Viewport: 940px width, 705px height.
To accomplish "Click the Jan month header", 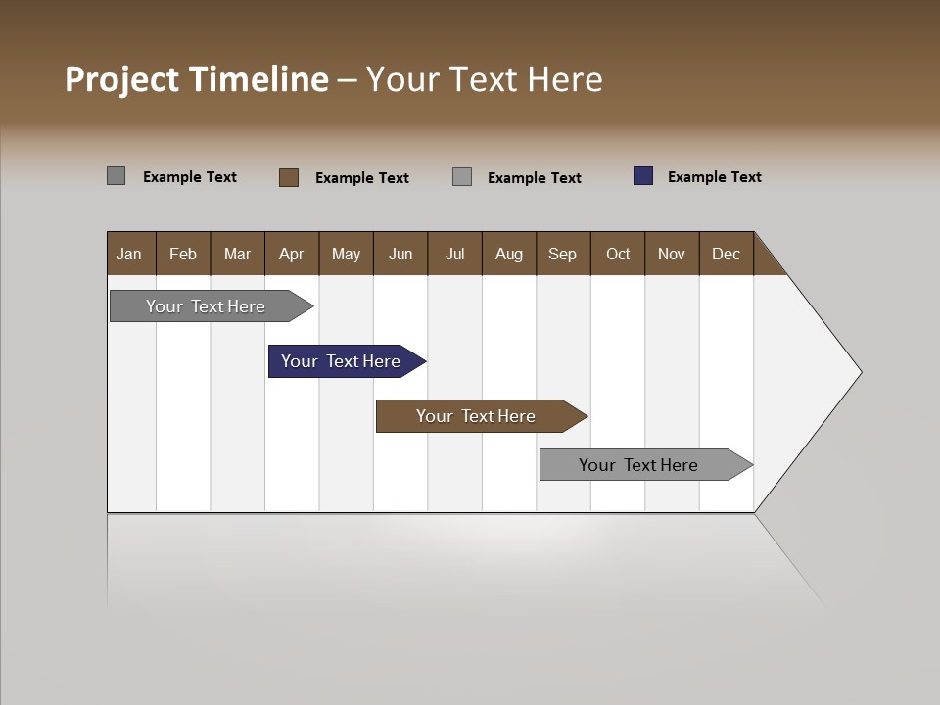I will tap(130, 254).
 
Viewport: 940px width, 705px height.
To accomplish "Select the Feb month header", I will tap(183, 254).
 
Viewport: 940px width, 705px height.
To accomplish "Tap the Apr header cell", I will tap(292, 254).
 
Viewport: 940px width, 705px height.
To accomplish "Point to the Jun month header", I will tap(400, 254).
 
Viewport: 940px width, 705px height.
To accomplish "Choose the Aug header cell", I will tap(509, 254).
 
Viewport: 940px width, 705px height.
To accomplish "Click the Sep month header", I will tap(563, 254).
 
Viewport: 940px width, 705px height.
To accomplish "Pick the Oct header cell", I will tap(618, 254).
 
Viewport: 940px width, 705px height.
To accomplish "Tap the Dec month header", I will tap(727, 254).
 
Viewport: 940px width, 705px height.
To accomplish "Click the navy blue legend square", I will tap(643, 176).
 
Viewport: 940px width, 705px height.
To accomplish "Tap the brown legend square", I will tap(289, 177).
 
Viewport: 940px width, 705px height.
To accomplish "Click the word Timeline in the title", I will tap(258, 79).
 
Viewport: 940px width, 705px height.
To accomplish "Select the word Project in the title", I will tap(121, 79).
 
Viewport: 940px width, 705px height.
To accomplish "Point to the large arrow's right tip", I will tap(859, 371).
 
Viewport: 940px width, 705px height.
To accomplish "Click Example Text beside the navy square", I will tap(714, 177).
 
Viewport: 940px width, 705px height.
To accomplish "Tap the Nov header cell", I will tap(672, 254).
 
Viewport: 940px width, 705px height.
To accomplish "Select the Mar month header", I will tap(238, 254).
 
